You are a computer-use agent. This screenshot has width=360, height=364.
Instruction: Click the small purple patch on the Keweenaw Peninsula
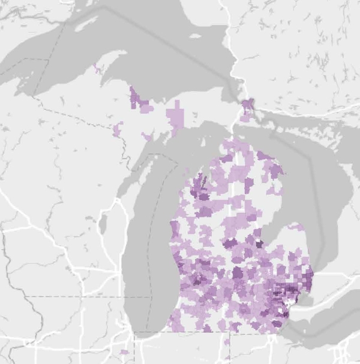click(97, 68)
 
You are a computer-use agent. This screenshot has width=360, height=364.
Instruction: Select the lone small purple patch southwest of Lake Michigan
click(124, 352)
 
